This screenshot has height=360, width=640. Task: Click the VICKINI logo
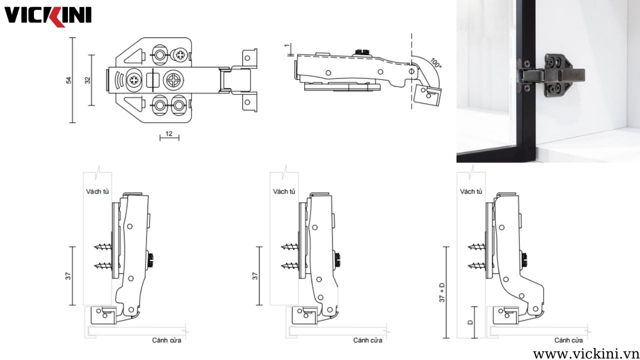tap(47, 16)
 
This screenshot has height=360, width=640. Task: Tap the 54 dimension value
tap(68, 80)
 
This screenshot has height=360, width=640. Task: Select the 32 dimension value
tap(87, 80)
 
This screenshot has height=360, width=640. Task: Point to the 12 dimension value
tap(169, 133)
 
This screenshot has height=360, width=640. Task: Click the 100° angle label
tap(435, 63)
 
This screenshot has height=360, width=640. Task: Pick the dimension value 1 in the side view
tap(286, 45)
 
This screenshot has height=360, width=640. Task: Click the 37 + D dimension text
tap(442, 292)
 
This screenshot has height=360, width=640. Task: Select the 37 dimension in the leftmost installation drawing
tap(68, 276)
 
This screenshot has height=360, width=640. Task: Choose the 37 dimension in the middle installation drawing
tap(255, 276)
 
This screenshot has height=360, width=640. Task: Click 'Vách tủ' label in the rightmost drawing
tap(471, 191)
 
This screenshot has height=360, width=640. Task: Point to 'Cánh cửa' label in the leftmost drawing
tap(166, 340)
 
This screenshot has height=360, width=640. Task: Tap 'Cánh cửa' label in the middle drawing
tap(367, 340)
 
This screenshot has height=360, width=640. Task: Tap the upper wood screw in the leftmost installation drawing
tap(103, 246)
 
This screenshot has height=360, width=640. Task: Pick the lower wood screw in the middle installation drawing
tap(290, 266)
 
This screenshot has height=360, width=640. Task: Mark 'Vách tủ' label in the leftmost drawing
tap(97, 191)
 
